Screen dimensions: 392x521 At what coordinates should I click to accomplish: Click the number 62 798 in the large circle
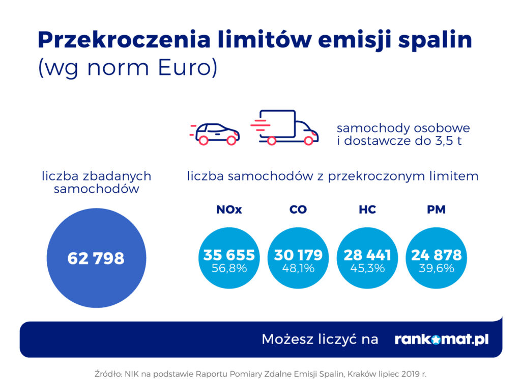(96, 258)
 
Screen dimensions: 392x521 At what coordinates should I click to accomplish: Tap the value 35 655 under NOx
(229, 255)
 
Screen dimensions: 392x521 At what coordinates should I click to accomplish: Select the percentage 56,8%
(229, 268)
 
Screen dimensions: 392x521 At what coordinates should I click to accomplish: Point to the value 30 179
(298, 255)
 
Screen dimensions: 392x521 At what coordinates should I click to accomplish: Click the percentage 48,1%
(298, 268)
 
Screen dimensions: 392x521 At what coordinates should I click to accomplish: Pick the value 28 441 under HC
(367, 255)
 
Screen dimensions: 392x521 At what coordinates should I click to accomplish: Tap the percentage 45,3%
(367, 268)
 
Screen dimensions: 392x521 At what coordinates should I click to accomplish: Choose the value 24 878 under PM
(437, 255)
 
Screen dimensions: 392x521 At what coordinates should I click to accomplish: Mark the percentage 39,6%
(437, 268)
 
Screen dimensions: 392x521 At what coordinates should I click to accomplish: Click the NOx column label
(229, 210)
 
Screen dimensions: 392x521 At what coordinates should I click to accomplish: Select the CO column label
(298, 210)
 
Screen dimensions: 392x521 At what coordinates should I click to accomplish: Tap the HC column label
(367, 210)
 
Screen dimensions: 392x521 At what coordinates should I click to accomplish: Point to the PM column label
(437, 210)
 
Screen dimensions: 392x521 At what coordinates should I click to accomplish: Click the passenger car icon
(216, 133)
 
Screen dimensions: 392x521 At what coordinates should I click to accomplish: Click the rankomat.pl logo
(442, 339)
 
